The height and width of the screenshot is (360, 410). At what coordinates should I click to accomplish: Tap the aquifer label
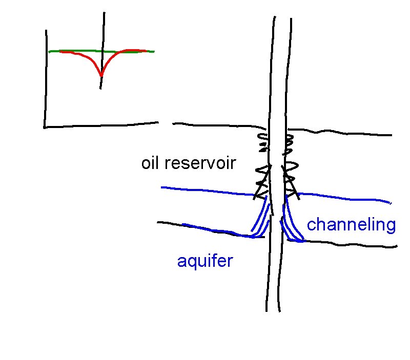[x=204, y=261]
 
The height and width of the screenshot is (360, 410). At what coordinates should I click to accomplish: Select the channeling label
[x=351, y=225]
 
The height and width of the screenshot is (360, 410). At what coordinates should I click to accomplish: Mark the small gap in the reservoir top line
[x=165, y=123]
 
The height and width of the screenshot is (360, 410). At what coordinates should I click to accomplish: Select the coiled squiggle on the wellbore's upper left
[x=262, y=142]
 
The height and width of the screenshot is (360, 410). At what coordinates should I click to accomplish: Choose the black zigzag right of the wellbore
[x=291, y=179]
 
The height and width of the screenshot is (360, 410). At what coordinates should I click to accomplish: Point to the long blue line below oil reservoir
[x=205, y=190]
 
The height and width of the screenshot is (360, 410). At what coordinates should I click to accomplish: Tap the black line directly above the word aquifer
[x=205, y=228]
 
